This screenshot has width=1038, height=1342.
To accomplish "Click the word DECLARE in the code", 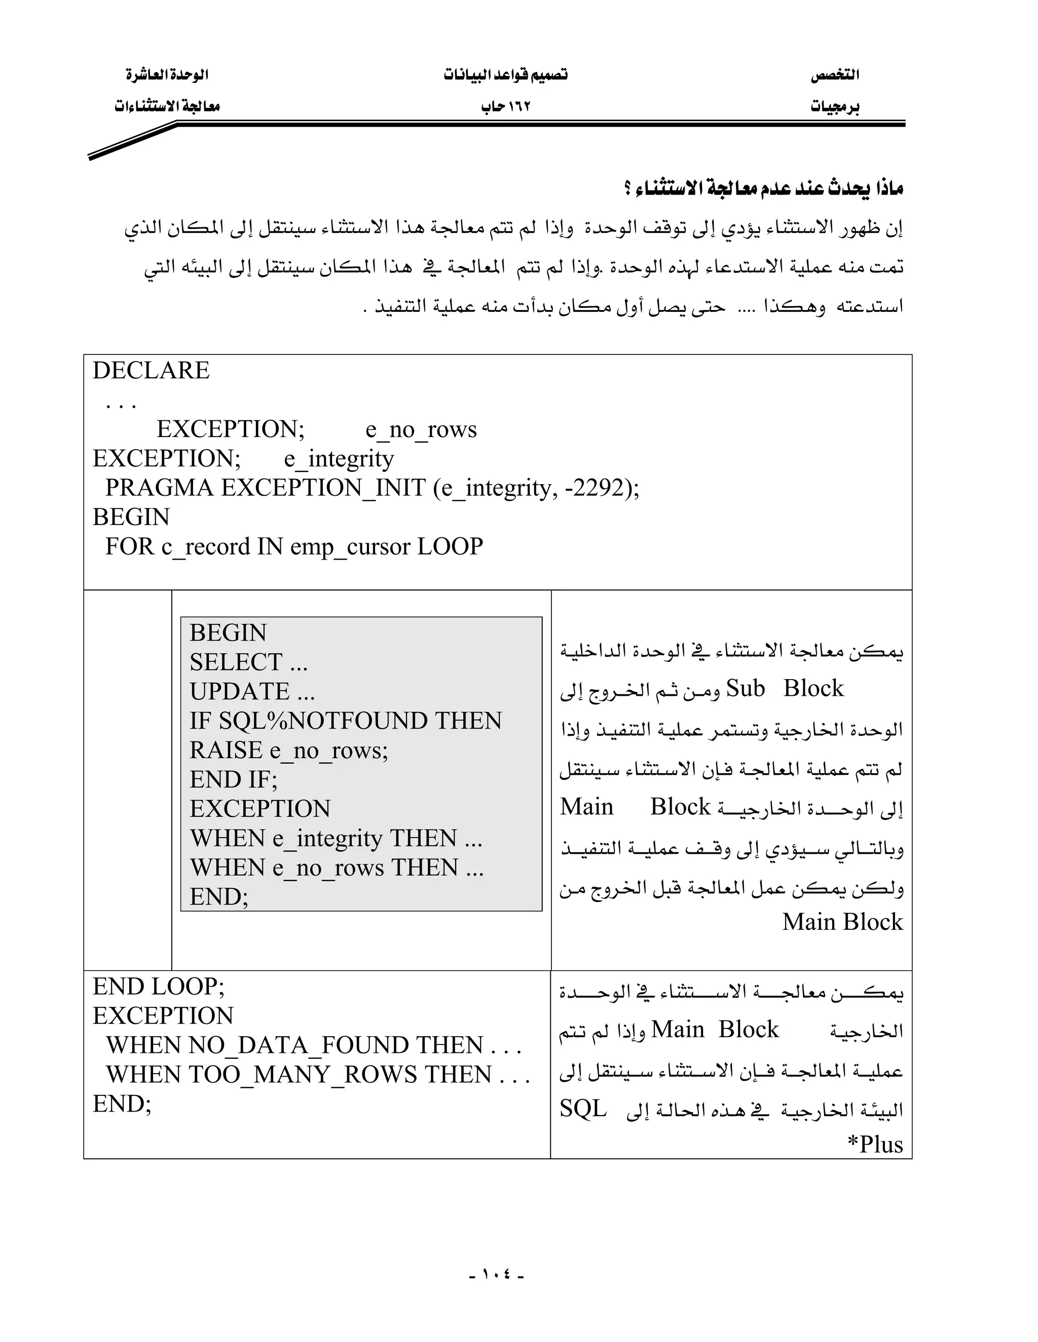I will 151,371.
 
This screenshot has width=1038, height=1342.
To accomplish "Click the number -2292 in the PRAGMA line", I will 594,488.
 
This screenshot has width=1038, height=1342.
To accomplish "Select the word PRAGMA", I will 160,488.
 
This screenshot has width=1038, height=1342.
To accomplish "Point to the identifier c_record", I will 206,547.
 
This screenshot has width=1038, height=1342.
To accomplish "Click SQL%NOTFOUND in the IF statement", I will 323,721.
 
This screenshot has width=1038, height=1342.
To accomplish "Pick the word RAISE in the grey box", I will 226,751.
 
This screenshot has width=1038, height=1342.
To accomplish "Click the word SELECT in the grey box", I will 236,662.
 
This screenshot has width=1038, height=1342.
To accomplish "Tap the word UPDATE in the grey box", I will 239,692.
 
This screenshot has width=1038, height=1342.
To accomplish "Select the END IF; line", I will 234,780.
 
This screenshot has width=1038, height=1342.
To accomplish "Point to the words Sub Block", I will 785,689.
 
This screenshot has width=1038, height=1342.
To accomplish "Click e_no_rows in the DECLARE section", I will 421,429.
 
